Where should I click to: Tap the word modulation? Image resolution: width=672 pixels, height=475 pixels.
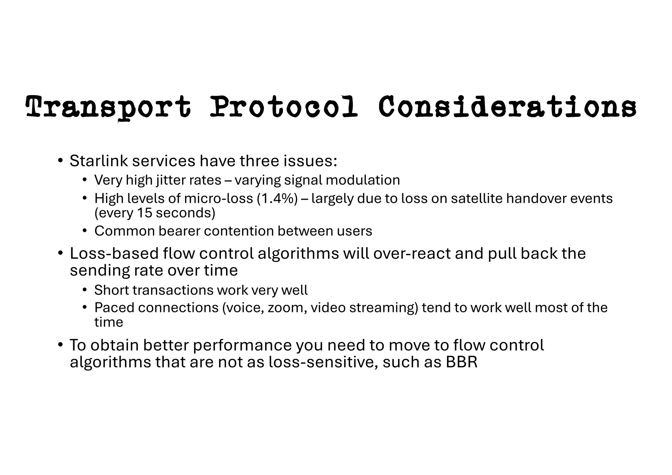[x=363, y=180]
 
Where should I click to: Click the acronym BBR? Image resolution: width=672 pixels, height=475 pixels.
[x=461, y=362]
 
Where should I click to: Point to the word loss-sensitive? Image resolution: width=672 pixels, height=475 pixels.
[x=321, y=362]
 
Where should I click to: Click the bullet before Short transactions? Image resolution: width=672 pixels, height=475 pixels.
[x=85, y=290]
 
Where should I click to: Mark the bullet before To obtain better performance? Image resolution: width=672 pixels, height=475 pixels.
[x=60, y=345]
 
